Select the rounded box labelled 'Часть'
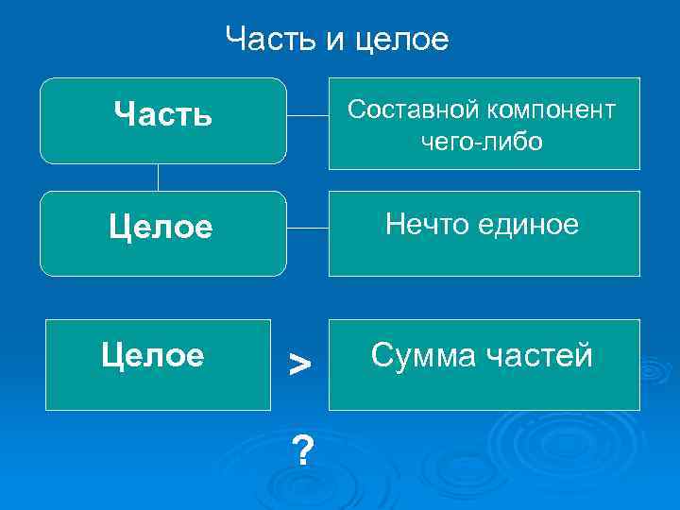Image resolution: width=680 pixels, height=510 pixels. [x=162, y=121]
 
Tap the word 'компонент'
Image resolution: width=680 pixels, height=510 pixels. [x=552, y=110]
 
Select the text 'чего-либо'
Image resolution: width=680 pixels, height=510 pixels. [x=483, y=142]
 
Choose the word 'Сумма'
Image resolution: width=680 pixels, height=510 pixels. [x=423, y=356]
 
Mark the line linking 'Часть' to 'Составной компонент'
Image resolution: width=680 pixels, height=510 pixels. [x=307, y=116]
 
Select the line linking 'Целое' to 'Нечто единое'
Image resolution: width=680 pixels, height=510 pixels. [x=307, y=229]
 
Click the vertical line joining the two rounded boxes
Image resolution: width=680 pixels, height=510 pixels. [x=158, y=178]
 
